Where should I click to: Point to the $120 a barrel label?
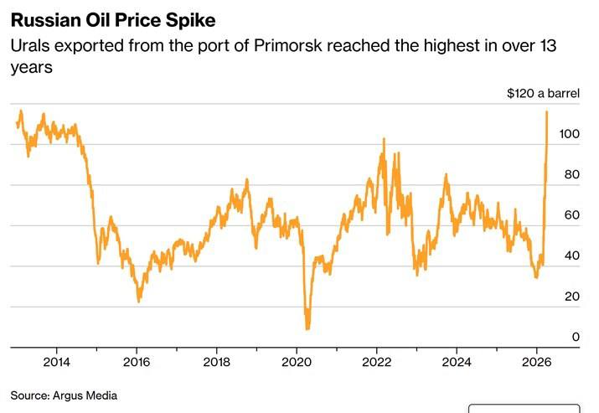tap(543, 94)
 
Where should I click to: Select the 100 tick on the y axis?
tap(571, 134)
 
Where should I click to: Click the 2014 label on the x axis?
tap(56, 362)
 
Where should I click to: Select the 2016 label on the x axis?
tap(137, 362)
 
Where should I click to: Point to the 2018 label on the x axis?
tap(216, 362)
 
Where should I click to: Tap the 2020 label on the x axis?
tap(297, 362)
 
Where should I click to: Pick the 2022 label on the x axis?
tap(376, 362)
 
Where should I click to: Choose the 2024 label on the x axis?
tap(457, 362)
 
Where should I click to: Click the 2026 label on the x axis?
tap(536, 362)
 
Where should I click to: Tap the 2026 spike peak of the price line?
tap(547, 111)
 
